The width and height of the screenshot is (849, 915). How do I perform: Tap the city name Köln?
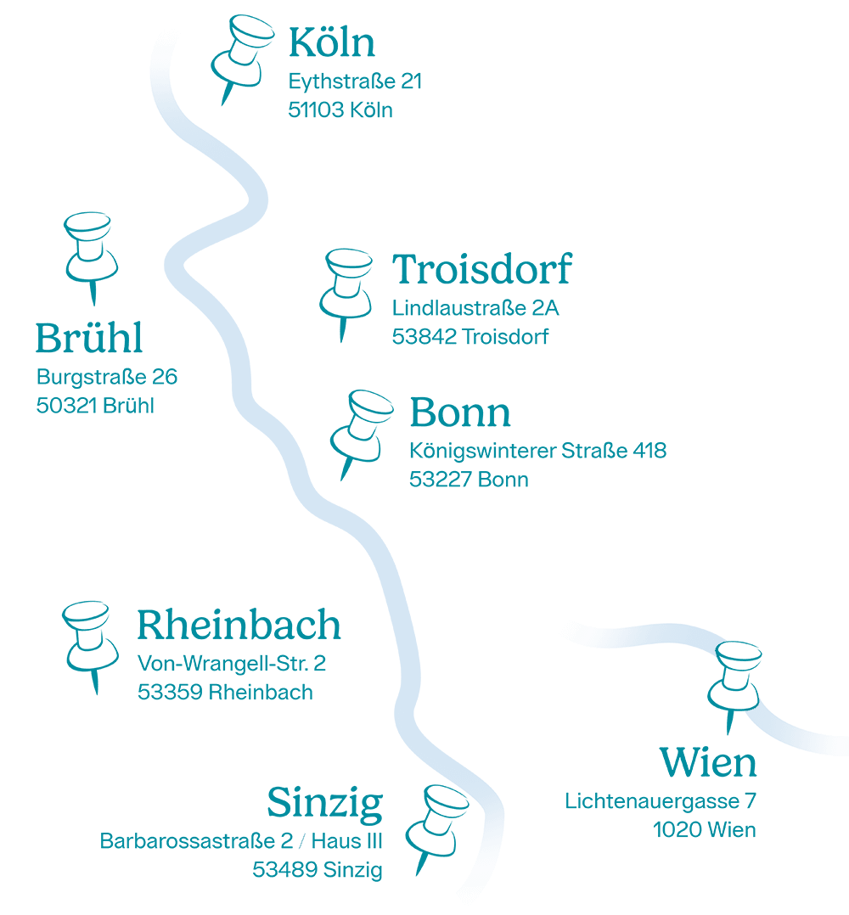332,43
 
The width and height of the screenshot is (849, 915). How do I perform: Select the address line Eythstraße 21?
355,83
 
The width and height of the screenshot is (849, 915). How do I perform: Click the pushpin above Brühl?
89,250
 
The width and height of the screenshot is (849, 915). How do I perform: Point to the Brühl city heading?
88,339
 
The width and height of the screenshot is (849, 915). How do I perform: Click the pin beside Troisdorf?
346,289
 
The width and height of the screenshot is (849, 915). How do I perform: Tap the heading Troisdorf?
482,270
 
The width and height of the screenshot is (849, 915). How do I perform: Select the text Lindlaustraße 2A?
475,308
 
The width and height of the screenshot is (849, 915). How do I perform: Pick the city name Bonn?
460,413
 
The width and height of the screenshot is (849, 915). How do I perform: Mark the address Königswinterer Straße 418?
537,451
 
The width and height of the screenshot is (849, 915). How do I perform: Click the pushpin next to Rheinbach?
89,640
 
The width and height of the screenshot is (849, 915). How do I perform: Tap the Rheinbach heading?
239,626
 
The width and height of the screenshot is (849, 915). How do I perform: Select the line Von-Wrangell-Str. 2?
231,663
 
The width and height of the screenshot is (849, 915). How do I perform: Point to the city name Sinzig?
325,802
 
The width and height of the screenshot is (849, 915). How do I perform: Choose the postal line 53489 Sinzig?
318,869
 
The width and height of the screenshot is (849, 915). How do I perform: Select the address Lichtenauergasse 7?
661,800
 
